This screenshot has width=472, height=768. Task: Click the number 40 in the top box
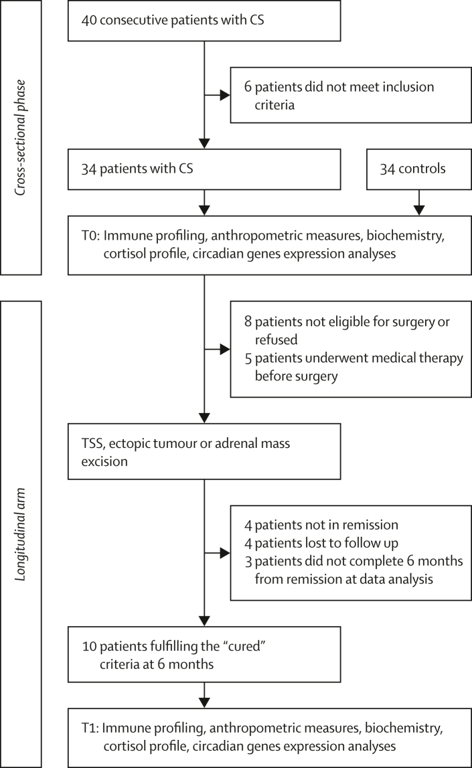click(88, 20)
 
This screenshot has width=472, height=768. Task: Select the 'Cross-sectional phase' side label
click(20, 138)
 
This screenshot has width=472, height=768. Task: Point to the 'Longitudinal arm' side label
click(20, 534)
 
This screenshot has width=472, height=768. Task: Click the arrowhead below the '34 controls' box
click(419, 210)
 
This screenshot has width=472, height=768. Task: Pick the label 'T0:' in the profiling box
click(90, 236)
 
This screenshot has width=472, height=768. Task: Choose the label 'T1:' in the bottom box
click(90, 728)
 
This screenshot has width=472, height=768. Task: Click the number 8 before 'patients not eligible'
click(248, 321)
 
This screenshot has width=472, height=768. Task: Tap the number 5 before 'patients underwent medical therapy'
click(248, 358)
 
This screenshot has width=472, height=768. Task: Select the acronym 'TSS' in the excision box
click(92, 443)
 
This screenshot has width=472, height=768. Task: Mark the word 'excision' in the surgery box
click(104, 461)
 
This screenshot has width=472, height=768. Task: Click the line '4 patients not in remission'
click(321, 525)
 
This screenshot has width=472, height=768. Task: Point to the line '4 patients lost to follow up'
click(321, 543)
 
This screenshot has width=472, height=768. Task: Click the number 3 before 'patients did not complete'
click(248, 561)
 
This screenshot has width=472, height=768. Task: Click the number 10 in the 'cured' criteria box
click(89, 647)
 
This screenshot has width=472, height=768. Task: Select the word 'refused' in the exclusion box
click(276, 339)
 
